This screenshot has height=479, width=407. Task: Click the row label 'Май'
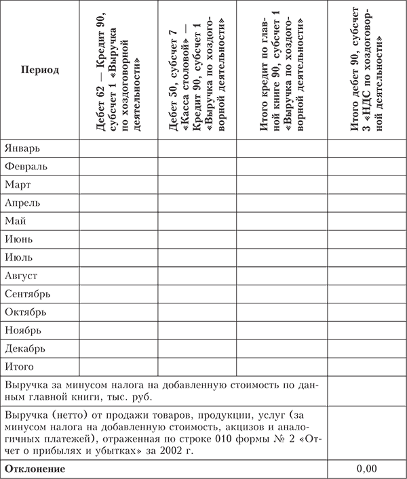pyautogui.click(x=16, y=221)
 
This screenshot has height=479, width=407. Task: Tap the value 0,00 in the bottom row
pyautogui.click(x=366, y=469)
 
